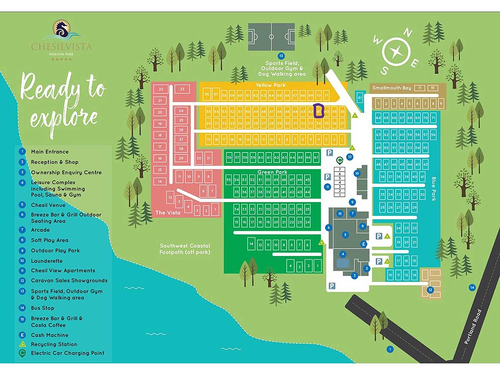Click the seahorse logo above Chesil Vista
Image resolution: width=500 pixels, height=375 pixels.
62,30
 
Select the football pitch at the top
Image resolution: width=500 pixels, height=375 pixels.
271,37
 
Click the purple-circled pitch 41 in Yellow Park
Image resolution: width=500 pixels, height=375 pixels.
319,112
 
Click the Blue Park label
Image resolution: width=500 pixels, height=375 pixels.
433,189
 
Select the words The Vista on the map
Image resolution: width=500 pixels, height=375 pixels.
166,213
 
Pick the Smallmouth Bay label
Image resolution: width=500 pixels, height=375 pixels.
392,88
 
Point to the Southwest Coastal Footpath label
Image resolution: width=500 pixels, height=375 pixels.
185,249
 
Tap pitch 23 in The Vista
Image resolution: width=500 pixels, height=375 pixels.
182,89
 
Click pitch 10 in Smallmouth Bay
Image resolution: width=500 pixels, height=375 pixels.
433,88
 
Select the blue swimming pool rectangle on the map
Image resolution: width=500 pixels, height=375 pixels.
342,263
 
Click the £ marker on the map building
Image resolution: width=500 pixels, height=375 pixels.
363,244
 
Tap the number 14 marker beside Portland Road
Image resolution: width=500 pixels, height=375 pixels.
472,287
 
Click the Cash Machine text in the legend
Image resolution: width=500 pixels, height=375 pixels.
50,335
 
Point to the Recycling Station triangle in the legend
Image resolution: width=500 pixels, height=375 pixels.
22,344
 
